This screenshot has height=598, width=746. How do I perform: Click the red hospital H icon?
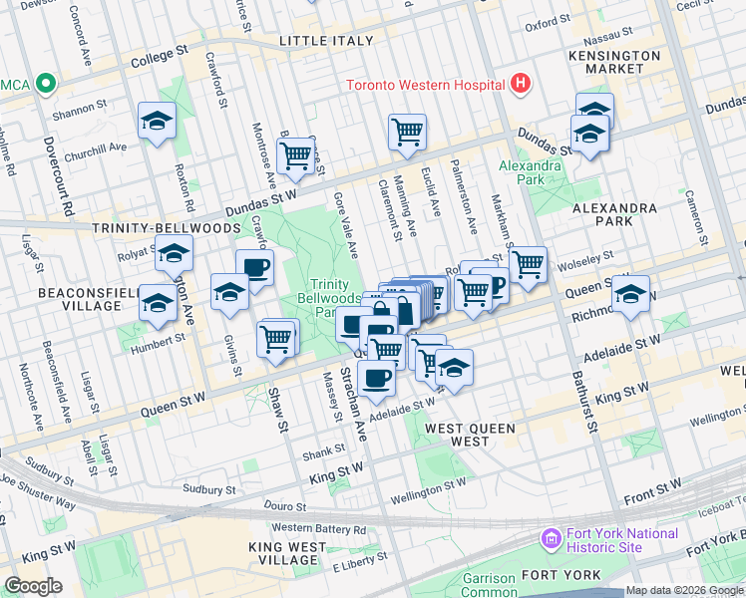point(519,85)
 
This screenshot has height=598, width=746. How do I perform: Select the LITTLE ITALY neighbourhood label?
point(326,41)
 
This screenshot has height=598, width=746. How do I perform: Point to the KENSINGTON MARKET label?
point(615,62)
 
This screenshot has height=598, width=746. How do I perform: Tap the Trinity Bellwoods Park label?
point(329,292)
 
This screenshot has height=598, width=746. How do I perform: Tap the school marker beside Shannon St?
point(157,122)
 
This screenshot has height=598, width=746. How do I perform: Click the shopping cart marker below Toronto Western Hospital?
point(407,132)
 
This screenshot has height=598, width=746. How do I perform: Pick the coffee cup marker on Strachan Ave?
point(377,378)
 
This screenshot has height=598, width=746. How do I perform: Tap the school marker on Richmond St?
point(630,295)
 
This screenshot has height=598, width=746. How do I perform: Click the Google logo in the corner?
point(33,585)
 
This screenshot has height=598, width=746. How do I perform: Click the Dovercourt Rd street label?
point(69,179)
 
